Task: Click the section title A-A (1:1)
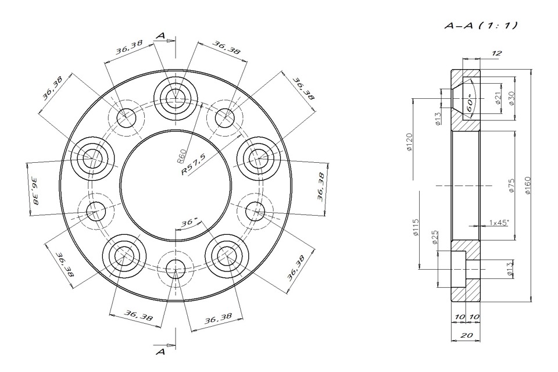tap(481, 25)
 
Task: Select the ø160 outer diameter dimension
tap(528, 185)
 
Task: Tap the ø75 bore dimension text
tap(512, 185)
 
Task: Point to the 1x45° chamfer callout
tap(499, 223)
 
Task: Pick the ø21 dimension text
tap(498, 98)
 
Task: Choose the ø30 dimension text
tap(512, 98)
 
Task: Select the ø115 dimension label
tap(416, 228)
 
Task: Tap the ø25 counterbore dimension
tap(434, 237)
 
